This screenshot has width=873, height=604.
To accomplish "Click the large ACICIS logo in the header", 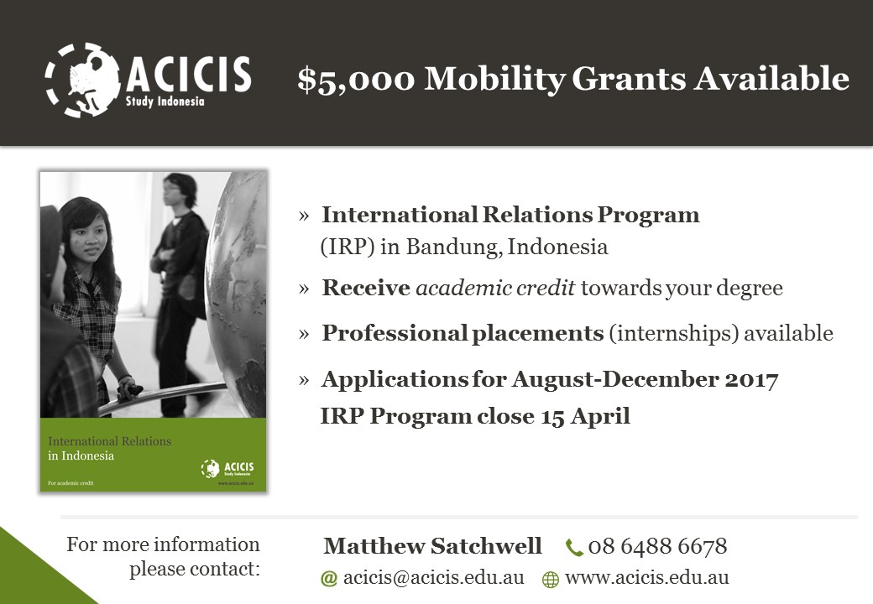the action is (x=148, y=80).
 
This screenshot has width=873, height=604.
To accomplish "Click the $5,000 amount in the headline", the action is (x=356, y=79).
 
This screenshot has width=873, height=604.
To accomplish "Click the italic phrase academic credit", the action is (x=495, y=288).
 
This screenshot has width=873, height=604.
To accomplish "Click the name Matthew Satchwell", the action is (x=432, y=545).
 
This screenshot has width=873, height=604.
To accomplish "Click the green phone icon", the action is (x=573, y=547).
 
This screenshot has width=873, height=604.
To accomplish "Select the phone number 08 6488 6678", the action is (x=657, y=546).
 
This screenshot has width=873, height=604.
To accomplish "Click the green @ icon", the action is (x=329, y=579).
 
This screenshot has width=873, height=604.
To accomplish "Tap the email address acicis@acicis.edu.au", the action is (x=434, y=577).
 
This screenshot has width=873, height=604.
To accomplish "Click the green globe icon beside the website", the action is (x=550, y=580).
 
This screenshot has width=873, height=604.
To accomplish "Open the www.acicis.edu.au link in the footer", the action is (x=647, y=577).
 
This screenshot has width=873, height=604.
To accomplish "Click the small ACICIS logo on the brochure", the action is (x=227, y=468).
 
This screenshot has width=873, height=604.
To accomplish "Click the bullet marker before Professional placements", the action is (x=303, y=334).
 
